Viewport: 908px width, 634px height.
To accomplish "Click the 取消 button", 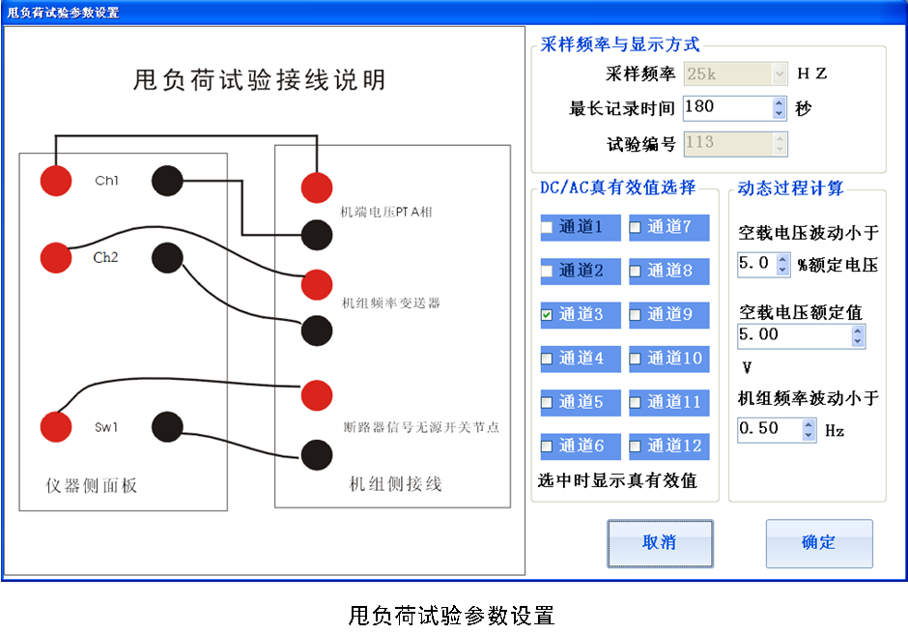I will point(660,543).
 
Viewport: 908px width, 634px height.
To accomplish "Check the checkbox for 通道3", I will point(547,315).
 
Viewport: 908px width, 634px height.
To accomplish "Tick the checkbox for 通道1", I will point(547,228).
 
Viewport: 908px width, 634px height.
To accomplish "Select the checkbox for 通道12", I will point(636,447).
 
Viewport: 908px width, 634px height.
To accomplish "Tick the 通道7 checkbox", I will point(636,228).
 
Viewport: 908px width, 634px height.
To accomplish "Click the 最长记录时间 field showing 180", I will point(726,107).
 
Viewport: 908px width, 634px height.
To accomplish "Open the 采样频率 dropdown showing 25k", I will point(779,72).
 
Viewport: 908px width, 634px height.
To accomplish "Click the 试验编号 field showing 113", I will point(726,143).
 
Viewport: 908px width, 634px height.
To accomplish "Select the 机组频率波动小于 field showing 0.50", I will point(769,429).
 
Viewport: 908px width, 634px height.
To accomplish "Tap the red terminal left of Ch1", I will point(56,181).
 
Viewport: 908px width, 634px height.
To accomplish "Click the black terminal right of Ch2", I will point(167,257).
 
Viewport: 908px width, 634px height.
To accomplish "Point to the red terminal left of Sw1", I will point(56,426).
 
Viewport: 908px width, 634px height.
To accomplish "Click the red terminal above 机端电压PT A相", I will point(317,187).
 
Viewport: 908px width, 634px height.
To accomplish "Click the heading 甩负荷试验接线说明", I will point(259,80).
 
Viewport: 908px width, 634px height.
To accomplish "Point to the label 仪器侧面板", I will point(92,485).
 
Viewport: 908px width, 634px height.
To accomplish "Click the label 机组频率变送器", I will point(391,303).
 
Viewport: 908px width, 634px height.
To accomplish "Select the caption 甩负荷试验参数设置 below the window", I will point(451,616).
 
